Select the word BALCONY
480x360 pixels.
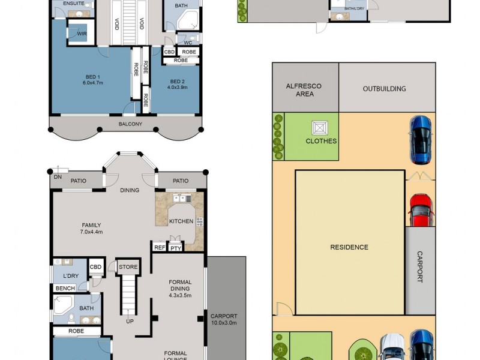pyautogui.click(x=130, y=124)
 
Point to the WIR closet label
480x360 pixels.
pyautogui.click(x=82, y=34)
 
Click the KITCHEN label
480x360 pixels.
pyautogui.click(x=181, y=221)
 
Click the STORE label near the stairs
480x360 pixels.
pyautogui.click(x=128, y=267)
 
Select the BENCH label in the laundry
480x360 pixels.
pyautogui.click(x=65, y=289)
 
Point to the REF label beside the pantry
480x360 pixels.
pyautogui.click(x=160, y=247)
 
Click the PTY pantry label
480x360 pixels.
pyautogui.click(x=175, y=248)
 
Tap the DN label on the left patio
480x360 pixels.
pyautogui.click(x=57, y=178)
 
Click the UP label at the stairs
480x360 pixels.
pyautogui.click(x=130, y=321)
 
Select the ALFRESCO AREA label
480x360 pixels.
pyautogui.click(x=305, y=90)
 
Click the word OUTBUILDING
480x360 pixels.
pyautogui.click(x=384, y=89)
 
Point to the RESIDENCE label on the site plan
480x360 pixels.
pyautogui.click(x=349, y=247)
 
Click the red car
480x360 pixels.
pyautogui.click(x=420, y=209)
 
